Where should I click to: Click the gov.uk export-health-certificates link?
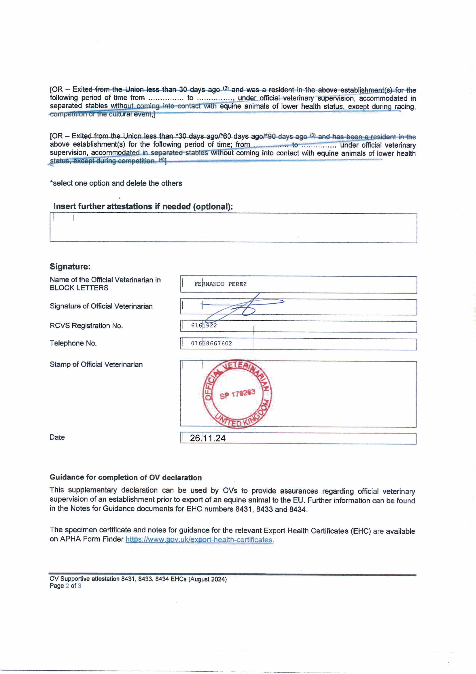pos(199,540)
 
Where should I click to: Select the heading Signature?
pos(70,266)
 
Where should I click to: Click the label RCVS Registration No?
pos(86,326)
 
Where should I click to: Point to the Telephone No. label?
pos(73,343)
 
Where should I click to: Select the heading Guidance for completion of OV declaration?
pos(125,478)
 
